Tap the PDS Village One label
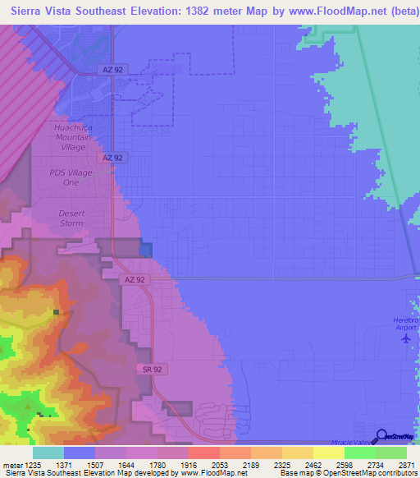pos(72,177)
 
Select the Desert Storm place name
pos(71,218)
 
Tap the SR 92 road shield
pos(148,370)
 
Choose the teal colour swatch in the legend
pos(48,452)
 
